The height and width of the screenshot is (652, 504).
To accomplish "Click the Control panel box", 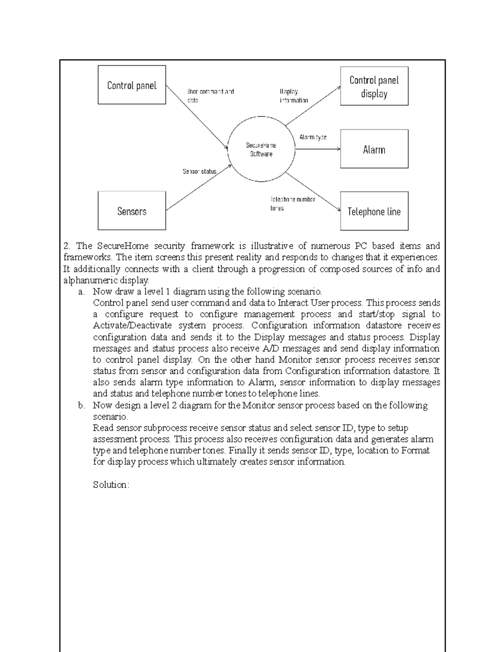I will pos(131,85).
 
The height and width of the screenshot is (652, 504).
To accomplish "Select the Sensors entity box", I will pos(131,211).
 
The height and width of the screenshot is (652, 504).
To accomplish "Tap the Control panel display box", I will pos(374,86).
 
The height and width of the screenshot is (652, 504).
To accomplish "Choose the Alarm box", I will pos(374,149).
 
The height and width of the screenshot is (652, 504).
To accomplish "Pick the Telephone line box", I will pos(374,211).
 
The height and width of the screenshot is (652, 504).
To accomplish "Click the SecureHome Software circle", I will pos(261,149).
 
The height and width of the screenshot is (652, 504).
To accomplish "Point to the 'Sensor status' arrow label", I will pos(199,171).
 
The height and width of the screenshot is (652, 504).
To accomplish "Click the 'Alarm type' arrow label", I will pos(312,137).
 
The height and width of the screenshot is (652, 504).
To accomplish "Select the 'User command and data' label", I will pos(210,96).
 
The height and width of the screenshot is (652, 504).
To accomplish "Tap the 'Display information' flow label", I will pos(294,96).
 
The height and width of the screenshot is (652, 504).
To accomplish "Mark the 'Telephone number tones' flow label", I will pos(292,204).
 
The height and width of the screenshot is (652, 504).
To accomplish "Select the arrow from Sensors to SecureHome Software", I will pos(197,188).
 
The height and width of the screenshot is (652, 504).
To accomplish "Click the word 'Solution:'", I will pos(111,485).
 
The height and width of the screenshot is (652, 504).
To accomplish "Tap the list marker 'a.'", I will pos(82,291).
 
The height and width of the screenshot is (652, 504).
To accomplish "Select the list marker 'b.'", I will pos(82,405).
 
